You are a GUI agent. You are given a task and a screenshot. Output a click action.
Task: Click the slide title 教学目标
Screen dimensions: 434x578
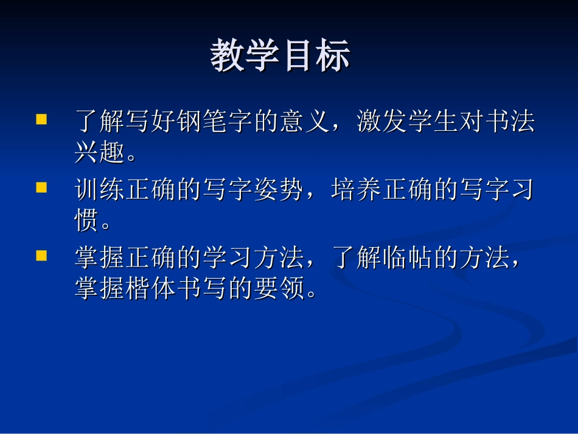(x=280, y=57)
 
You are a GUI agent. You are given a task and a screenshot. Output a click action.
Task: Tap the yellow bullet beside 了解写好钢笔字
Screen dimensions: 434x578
(x=42, y=119)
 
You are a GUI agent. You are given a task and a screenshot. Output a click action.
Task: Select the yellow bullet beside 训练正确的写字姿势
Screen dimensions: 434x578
(x=42, y=187)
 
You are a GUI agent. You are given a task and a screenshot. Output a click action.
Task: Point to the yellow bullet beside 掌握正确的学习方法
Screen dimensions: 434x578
(x=42, y=256)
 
